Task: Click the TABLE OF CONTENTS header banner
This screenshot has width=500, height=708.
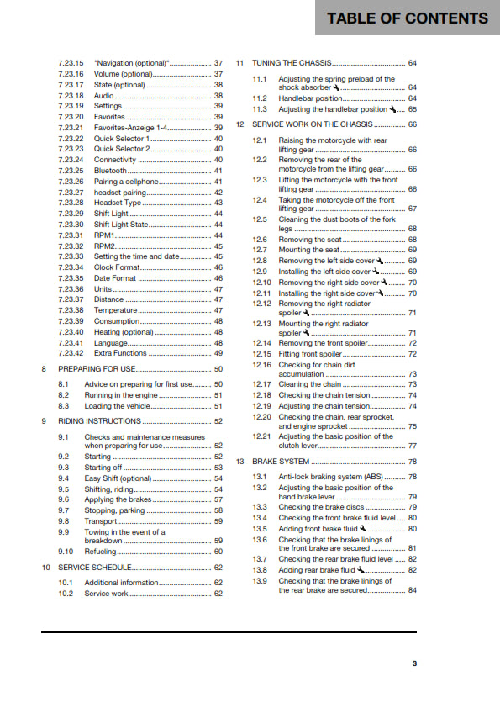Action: (x=407, y=18)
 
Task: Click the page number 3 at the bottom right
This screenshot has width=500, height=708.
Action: (x=414, y=663)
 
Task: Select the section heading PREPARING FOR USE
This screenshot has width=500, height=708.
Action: (x=92, y=369)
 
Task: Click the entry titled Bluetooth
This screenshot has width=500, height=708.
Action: (x=110, y=170)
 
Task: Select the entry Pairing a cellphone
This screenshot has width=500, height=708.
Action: (x=125, y=181)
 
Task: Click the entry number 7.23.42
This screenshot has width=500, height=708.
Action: (x=71, y=353)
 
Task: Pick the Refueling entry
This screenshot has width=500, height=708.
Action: (x=100, y=551)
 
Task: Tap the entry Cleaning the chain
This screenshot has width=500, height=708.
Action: (x=310, y=384)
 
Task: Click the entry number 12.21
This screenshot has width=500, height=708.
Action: (x=262, y=436)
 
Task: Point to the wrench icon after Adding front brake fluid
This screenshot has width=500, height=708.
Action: (x=361, y=528)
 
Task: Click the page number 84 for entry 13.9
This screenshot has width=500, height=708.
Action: (x=412, y=590)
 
